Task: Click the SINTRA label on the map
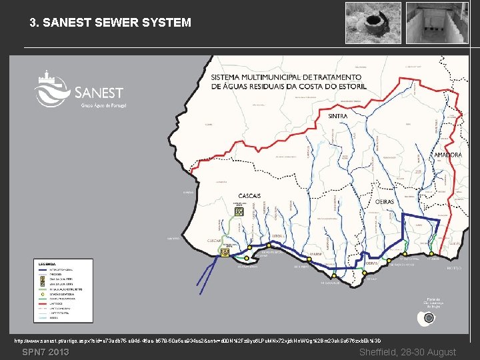[337, 116]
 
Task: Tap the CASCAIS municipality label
[248, 195]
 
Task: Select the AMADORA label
[447, 155]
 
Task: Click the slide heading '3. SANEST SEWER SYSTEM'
[110, 23]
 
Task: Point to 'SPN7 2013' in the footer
[45, 352]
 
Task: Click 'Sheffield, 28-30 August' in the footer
[407, 352]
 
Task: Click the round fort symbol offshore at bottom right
[429, 318]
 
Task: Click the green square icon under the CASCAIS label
[239, 212]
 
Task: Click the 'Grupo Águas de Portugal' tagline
[103, 105]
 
